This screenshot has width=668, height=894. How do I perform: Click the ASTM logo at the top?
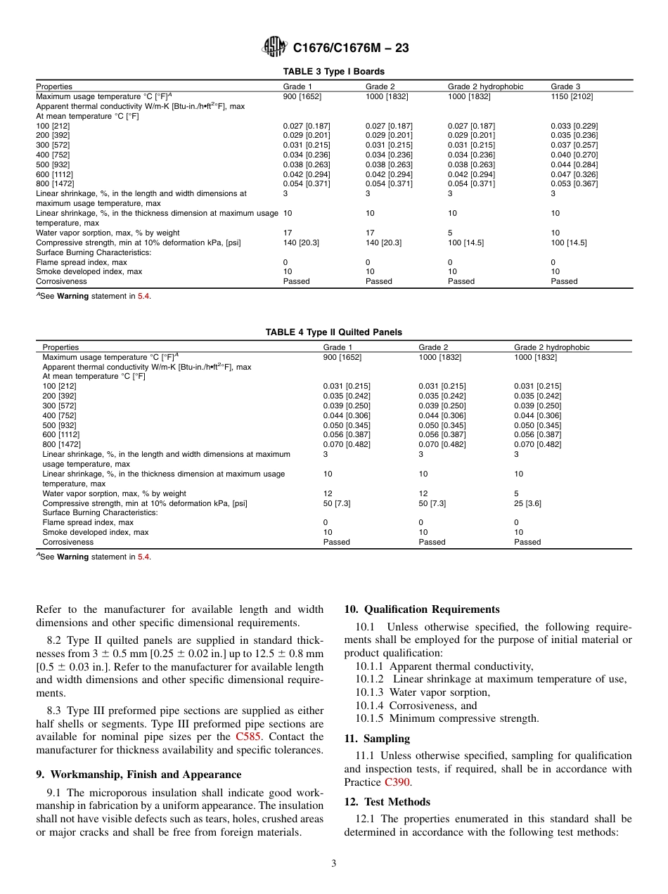tap(274, 48)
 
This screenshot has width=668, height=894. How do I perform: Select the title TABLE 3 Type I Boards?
tap(333, 72)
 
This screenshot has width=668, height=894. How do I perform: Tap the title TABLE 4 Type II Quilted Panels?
tap(333, 332)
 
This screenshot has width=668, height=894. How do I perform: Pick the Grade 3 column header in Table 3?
tap(565, 86)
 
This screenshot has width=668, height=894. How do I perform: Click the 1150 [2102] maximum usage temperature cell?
tap(571, 96)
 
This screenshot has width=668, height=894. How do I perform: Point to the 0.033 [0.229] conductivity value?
tap(574, 126)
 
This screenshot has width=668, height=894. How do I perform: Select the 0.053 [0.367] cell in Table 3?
tap(574, 184)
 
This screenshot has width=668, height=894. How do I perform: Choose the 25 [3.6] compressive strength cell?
tap(527, 503)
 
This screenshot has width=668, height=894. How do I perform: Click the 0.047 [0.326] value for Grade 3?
tap(574, 174)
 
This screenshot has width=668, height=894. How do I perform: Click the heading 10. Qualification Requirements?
tap(422, 609)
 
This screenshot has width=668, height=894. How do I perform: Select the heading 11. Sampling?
tap(377, 739)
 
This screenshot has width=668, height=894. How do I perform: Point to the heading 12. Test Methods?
tap(387, 802)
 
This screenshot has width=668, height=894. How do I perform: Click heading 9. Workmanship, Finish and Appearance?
tap(139, 775)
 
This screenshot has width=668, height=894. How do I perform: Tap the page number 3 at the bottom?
tap(334, 864)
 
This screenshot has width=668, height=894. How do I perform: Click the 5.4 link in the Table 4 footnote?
tap(143, 557)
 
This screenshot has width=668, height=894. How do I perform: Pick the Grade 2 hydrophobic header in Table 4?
tap(551, 347)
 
